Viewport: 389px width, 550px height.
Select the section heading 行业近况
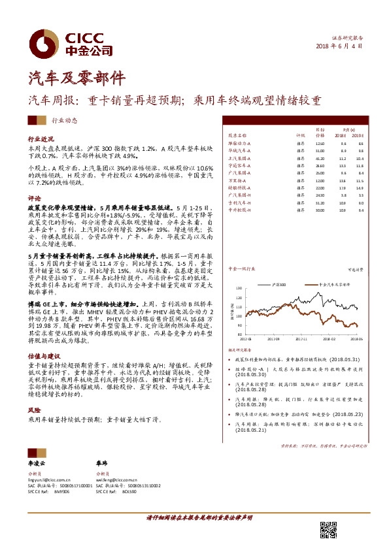39,140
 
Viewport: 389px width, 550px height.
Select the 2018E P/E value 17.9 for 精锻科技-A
343,186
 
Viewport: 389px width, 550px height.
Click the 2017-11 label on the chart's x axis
301,339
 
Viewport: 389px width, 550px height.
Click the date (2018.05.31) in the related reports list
337,359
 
